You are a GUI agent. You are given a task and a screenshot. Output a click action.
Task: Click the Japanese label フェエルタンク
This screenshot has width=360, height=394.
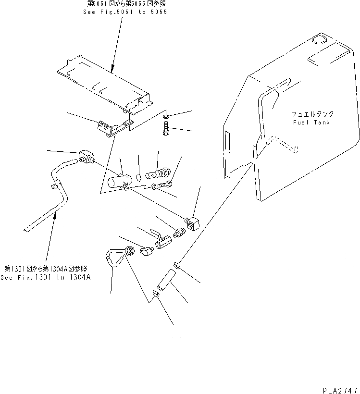click(x=312, y=115)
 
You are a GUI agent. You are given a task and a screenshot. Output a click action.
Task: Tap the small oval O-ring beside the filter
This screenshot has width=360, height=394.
click(x=138, y=176)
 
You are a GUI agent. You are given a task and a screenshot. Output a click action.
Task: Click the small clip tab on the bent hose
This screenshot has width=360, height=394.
click(x=51, y=185)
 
